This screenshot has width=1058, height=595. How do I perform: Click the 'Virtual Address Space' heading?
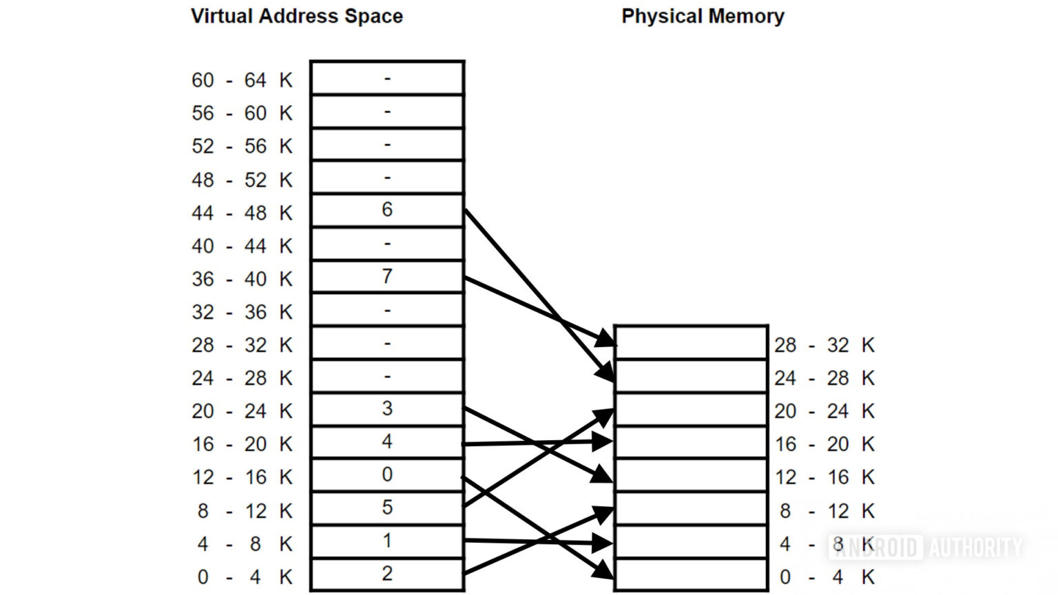[296, 17]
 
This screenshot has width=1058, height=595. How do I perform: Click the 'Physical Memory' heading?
[703, 17]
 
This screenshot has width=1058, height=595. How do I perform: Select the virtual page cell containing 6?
[387, 210]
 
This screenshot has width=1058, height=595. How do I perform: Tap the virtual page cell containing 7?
[387, 277]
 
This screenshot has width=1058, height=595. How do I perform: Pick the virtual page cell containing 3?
[387, 409]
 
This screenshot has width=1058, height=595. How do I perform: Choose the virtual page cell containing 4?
[387, 442]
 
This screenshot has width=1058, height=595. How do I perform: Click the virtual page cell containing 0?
[387, 475]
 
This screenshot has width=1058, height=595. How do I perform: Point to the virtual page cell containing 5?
[387, 508]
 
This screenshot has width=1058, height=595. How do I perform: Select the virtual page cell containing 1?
[387, 541]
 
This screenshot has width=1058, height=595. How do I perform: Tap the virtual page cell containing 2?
[387, 574]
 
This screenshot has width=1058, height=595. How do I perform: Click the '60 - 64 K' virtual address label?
[242, 81]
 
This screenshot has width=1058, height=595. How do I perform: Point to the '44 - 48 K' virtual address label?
[242, 213]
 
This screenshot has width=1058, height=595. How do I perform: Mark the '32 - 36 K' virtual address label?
[242, 313]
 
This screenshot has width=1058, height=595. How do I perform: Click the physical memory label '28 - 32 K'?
[824, 345]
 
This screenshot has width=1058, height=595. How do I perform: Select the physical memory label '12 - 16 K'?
[824, 477]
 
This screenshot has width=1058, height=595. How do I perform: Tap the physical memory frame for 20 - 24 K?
[691, 410]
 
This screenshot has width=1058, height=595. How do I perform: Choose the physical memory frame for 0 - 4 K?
[691, 575]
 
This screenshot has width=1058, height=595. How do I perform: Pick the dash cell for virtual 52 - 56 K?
[387, 145]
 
